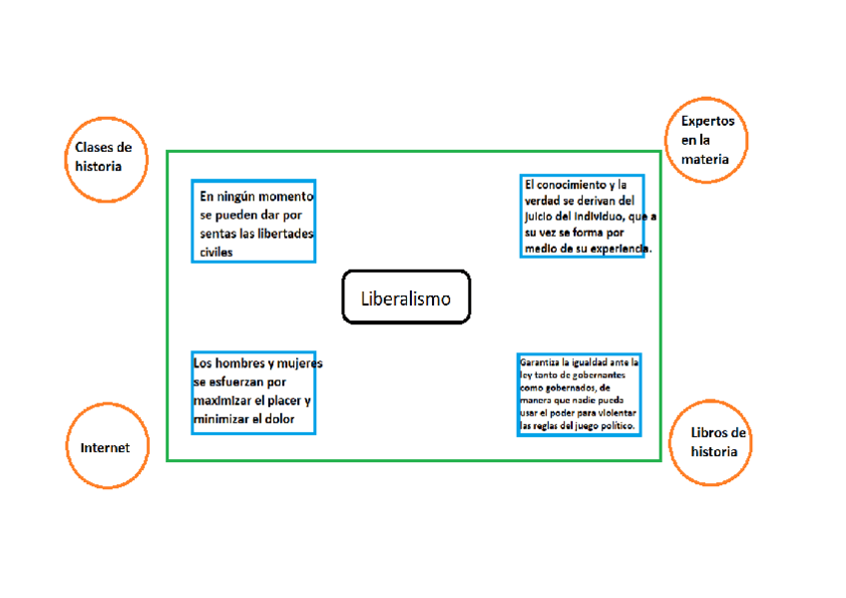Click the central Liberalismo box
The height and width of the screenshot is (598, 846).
[x=405, y=298]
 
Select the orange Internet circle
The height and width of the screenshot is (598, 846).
[x=105, y=448]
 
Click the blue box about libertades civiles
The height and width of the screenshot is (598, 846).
[x=253, y=221]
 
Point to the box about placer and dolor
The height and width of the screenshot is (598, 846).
[x=253, y=392]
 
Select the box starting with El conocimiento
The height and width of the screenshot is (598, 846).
[x=582, y=216]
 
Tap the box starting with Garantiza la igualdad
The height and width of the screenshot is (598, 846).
[x=579, y=393]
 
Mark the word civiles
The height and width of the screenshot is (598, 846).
[x=215, y=253]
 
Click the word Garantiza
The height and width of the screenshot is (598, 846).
[x=540, y=361]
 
